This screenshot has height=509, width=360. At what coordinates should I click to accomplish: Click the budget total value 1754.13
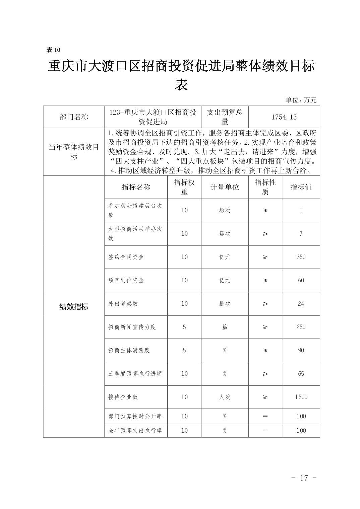click(284, 117)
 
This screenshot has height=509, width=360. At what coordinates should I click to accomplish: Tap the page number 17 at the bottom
click(304, 478)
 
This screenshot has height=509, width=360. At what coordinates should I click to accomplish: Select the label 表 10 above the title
click(53, 50)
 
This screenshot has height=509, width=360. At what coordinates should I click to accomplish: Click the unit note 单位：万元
click(301, 100)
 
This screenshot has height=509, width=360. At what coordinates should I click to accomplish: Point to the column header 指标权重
click(184, 187)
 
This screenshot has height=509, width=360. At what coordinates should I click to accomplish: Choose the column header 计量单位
click(225, 187)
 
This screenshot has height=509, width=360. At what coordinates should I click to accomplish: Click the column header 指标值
click(301, 187)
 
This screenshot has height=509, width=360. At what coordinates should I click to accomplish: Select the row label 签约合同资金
click(126, 257)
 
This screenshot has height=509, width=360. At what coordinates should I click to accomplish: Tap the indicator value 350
click(301, 257)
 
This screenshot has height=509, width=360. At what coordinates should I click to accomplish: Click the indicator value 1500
click(301, 397)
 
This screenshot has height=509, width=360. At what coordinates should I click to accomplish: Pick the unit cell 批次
click(225, 303)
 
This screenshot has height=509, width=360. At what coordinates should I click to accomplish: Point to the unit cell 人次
click(225, 397)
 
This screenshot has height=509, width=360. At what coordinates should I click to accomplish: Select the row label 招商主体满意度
click(129, 350)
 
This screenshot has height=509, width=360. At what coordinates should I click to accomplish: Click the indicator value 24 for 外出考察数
click(301, 303)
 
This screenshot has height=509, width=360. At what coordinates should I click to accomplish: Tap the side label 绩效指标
click(74, 307)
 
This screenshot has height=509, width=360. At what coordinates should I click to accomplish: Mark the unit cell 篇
click(225, 327)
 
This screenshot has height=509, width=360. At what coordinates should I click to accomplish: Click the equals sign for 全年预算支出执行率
click(265, 430)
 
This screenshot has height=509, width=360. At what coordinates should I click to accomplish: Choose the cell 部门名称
click(74, 117)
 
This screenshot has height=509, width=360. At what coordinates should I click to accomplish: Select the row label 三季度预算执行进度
click(135, 373)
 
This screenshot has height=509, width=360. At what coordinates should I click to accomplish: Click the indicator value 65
click(301, 373)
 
